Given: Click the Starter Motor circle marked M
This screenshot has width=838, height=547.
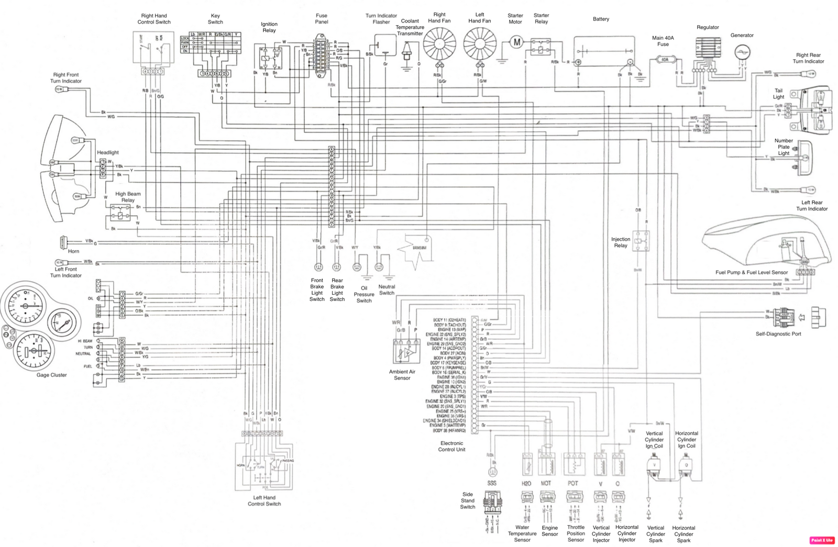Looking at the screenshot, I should coord(516,42).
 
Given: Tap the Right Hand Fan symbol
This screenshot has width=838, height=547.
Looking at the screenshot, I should coord(439,43).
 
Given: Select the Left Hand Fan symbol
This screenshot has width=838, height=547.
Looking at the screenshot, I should coord(479,43).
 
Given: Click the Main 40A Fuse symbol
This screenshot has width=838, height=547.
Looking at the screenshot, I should coord(665,60).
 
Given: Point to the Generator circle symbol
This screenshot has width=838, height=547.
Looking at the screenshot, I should coord(742,52).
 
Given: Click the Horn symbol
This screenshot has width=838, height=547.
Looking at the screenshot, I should coord(64,242).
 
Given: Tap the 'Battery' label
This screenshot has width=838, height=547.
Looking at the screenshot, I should coord(601,19).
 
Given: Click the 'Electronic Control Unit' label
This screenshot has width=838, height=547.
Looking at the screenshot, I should coord(451,446).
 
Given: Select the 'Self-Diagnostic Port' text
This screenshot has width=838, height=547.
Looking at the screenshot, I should coord(778,333).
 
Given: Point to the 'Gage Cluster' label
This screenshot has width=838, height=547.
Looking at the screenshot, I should coord(51,375).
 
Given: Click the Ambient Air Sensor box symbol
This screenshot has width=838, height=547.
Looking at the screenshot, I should coord(406,351).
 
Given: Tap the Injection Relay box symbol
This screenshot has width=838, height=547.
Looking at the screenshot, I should coord(641,241).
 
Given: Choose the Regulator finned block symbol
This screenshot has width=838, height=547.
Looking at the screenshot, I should coord(708,51).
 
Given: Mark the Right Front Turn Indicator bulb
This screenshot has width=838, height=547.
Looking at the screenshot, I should coord(59,90).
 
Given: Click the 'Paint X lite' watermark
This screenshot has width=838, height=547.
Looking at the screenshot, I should coord(822,540).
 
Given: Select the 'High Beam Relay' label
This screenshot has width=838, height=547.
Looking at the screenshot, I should coord(128,197).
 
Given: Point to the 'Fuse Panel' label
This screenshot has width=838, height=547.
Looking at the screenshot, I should coord(322,19).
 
